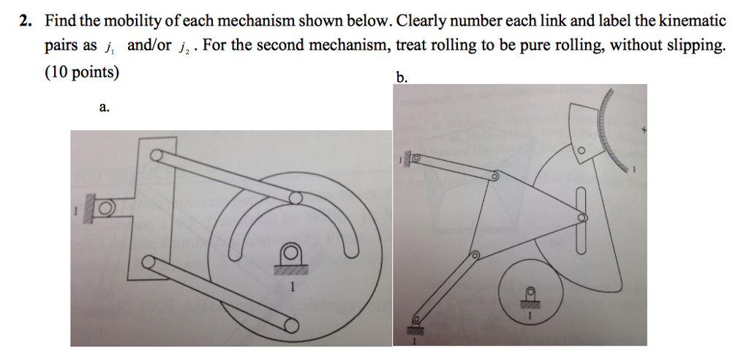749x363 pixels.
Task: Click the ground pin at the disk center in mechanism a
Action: [x=290, y=254]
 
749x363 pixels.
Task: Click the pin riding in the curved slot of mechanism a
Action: [x=295, y=198]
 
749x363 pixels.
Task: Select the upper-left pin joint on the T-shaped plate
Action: [x=157, y=157]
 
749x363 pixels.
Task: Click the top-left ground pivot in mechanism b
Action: [x=415, y=157]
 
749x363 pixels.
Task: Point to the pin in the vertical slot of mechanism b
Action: [x=582, y=217]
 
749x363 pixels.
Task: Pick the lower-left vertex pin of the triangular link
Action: [x=473, y=255]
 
